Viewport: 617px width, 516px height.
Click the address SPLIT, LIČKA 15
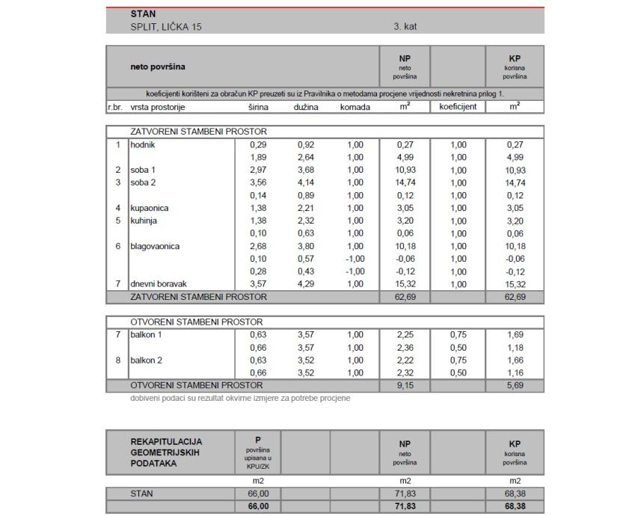[166, 26]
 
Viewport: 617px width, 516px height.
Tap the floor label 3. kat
[405, 26]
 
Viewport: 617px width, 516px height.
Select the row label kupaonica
[150, 208]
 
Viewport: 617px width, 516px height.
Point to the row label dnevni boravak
[159, 284]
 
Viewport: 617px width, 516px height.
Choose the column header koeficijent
[458, 107]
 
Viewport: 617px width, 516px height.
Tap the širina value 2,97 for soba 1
[259, 170]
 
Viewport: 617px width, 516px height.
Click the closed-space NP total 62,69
[405, 297]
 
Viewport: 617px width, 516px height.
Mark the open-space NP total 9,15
[405, 385]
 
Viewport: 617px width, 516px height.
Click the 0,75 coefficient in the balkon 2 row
[458, 360]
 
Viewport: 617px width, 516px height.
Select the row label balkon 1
[147, 335]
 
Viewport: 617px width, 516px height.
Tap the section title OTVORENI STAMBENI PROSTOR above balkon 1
[196, 322]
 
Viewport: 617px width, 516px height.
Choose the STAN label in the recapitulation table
[143, 494]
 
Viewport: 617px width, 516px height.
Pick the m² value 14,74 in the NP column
[405, 182]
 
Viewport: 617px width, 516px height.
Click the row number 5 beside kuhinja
[117, 221]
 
